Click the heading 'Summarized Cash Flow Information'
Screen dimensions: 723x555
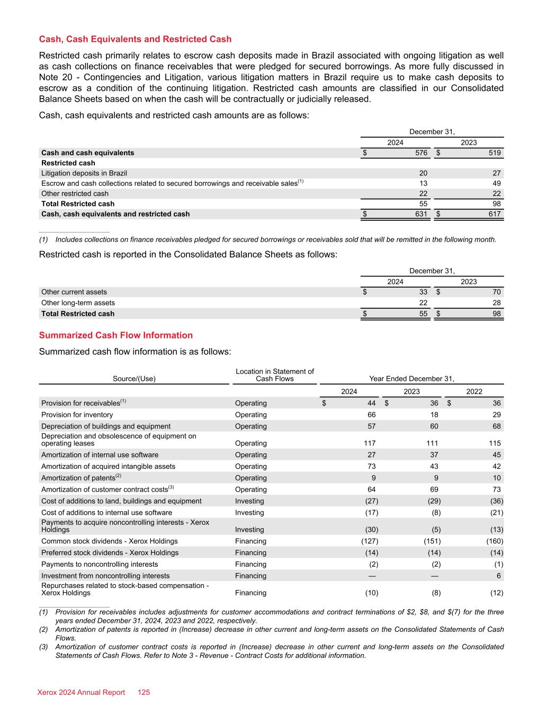pyautogui.click(x=116, y=335)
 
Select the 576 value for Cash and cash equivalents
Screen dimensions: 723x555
pyautogui.click(x=421, y=153)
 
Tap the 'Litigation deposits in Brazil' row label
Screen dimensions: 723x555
pyautogui.click(x=84, y=173)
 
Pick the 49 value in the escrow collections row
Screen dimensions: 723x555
pyautogui.click(x=496, y=183)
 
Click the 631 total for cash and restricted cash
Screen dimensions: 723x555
pyautogui.click(x=421, y=214)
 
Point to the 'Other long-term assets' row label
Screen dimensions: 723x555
pyautogui.click(x=78, y=303)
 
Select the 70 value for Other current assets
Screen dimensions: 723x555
pyautogui.click(x=496, y=292)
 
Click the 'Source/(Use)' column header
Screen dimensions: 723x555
pyautogui.click(x=134, y=379)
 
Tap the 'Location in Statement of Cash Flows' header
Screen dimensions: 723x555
pyautogui.click(x=274, y=375)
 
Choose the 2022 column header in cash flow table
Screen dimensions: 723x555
pyautogui.click(x=474, y=391)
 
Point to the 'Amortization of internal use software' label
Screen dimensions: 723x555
pyautogui.click(x=100, y=455)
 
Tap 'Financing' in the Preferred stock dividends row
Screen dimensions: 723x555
pyautogui.click(x=252, y=553)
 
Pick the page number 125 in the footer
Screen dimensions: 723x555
pyautogui.click(x=144, y=692)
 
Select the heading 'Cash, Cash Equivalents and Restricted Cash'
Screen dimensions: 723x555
pyautogui.click(x=135, y=39)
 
